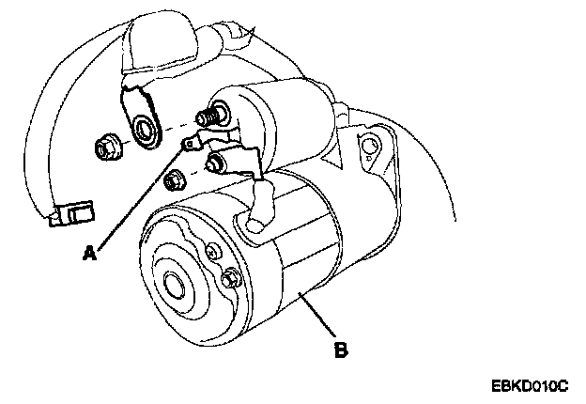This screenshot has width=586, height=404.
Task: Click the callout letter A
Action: [89, 252]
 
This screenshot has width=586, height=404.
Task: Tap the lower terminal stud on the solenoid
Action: [215, 164]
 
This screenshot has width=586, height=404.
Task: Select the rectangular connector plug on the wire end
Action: [76, 213]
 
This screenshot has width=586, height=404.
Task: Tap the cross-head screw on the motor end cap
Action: [213, 251]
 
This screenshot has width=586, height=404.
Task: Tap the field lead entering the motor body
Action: [257, 207]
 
